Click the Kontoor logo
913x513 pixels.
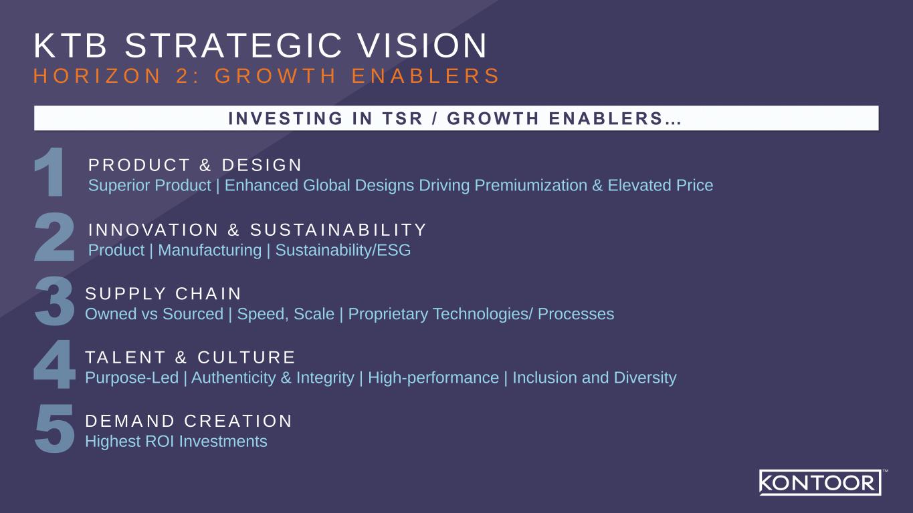coord(819,482)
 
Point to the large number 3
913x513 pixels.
coord(54,303)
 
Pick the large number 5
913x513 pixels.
coord(54,430)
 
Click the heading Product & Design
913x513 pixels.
coord(195,165)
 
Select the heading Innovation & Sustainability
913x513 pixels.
coord(258,230)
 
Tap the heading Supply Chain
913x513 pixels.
coord(163,294)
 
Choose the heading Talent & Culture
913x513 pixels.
coord(191,357)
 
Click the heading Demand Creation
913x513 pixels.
coord(189,421)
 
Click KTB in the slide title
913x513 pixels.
coord(71,46)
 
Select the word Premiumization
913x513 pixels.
coord(530,185)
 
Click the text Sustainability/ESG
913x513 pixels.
coord(343,250)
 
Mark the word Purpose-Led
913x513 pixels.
coord(132,378)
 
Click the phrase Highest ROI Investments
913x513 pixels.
coord(176,442)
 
